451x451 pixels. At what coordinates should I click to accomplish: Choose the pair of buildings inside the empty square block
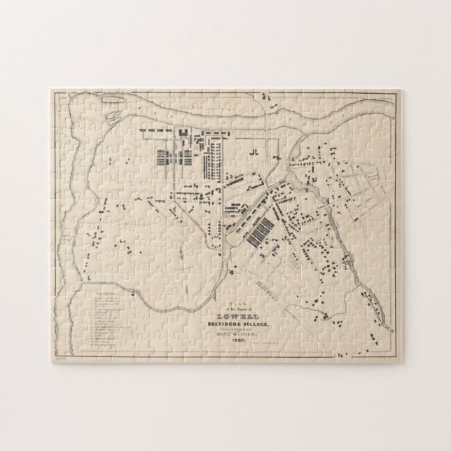[255, 151]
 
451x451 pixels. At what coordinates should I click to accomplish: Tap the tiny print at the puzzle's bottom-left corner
[57, 356]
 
